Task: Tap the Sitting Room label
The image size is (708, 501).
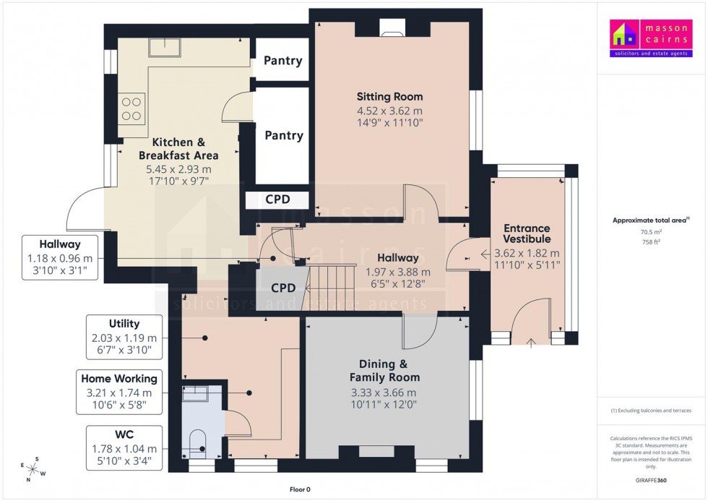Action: (389, 97)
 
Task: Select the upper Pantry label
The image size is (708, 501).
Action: (282, 61)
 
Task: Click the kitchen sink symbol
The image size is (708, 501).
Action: (165, 48)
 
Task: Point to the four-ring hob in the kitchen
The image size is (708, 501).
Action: (131, 108)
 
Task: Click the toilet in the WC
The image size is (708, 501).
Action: (196, 444)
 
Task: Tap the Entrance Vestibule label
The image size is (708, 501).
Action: (527, 234)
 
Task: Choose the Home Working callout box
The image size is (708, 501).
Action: (119, 392)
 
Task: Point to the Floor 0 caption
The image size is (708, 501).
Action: (300, 489)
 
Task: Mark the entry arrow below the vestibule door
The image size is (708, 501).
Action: (531, 343)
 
